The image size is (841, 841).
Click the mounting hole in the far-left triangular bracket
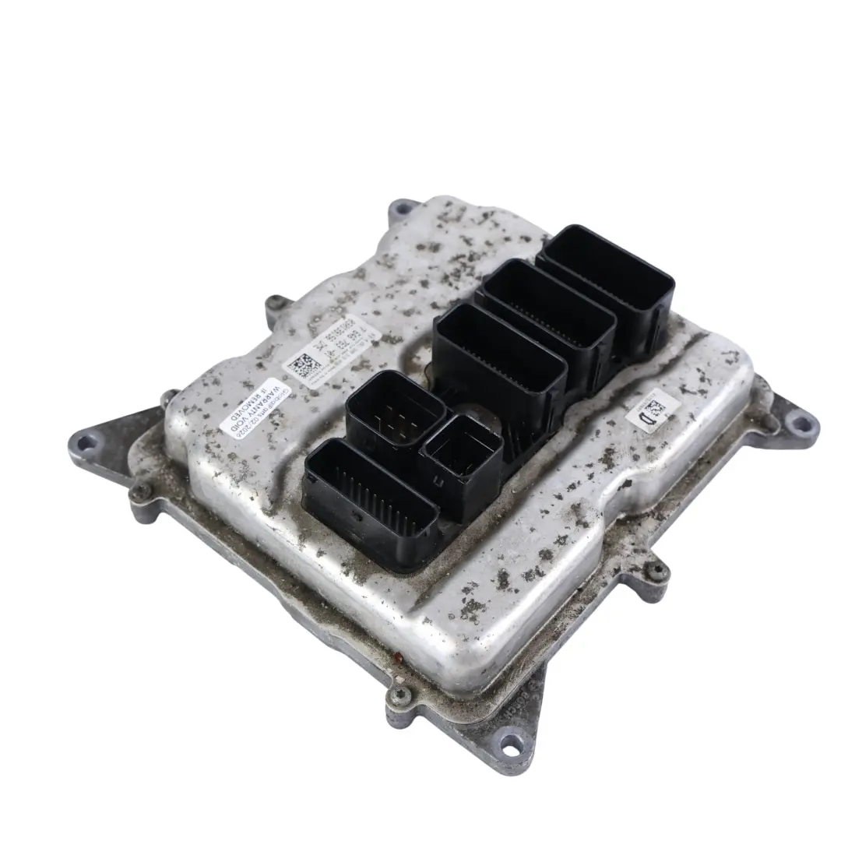point(86,443)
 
